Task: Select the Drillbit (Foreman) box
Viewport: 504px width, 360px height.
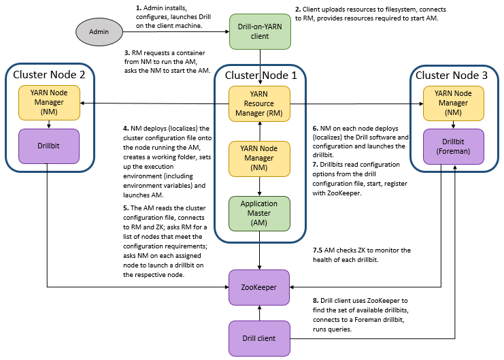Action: pos(453,146)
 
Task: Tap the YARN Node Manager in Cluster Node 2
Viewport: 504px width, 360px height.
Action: pos(47,102)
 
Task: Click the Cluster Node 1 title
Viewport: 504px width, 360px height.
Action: pos(261,76)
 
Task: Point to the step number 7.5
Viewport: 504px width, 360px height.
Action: pos(318,250)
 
